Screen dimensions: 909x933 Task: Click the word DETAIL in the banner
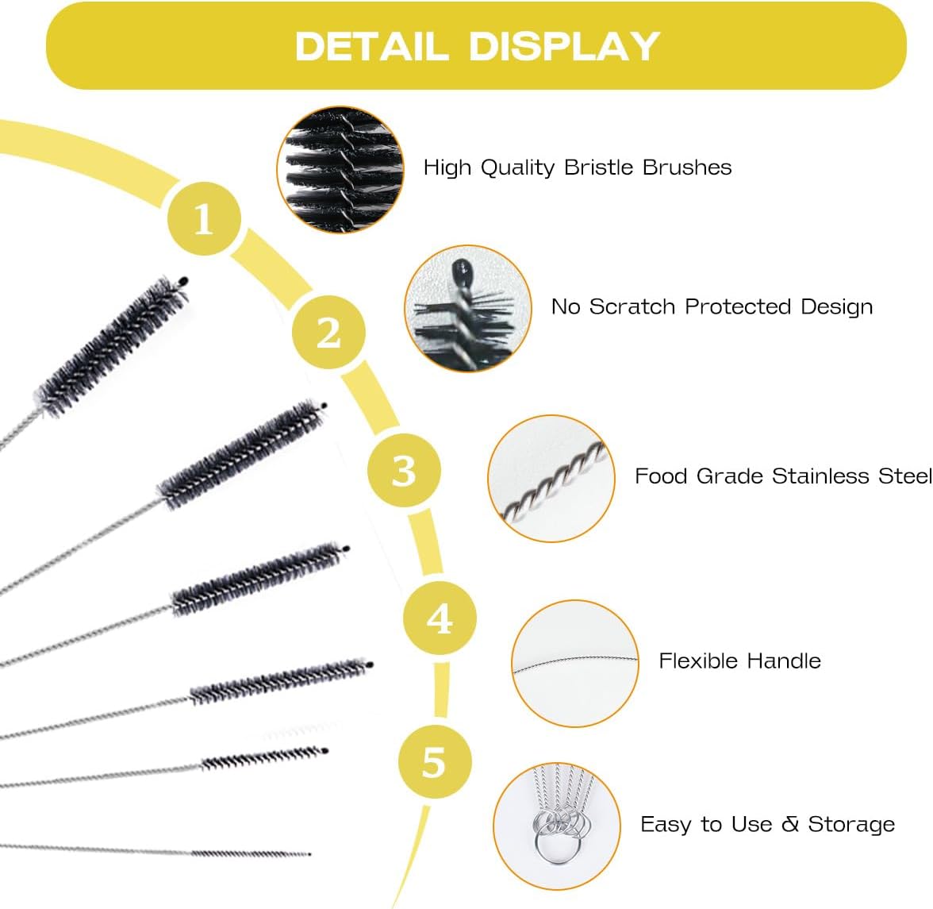(371, 46)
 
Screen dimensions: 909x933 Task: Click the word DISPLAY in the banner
(564, 46)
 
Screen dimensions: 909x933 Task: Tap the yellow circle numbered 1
(204, 218)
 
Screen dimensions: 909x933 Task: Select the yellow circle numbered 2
(328, 332)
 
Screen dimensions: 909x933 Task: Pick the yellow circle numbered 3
(404, 470)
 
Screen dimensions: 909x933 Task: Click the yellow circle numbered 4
(440, 618)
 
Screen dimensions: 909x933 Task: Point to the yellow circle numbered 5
(434, 762)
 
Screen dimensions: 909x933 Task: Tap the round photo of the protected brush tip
(467, 308)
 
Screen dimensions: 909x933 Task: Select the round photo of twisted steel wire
(551, 479)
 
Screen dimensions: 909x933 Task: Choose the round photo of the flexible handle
(575, 664)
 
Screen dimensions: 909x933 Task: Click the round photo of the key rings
(556, 826)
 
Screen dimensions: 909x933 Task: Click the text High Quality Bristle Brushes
(577, 168)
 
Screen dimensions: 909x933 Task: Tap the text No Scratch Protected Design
(712, 307)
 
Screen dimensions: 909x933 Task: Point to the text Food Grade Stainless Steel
(782, 476)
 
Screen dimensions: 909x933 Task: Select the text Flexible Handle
(739, 661)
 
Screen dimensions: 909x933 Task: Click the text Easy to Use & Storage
(767, 825)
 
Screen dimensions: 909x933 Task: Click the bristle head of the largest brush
(111, 347)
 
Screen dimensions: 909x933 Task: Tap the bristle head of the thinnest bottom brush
(250, 853)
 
